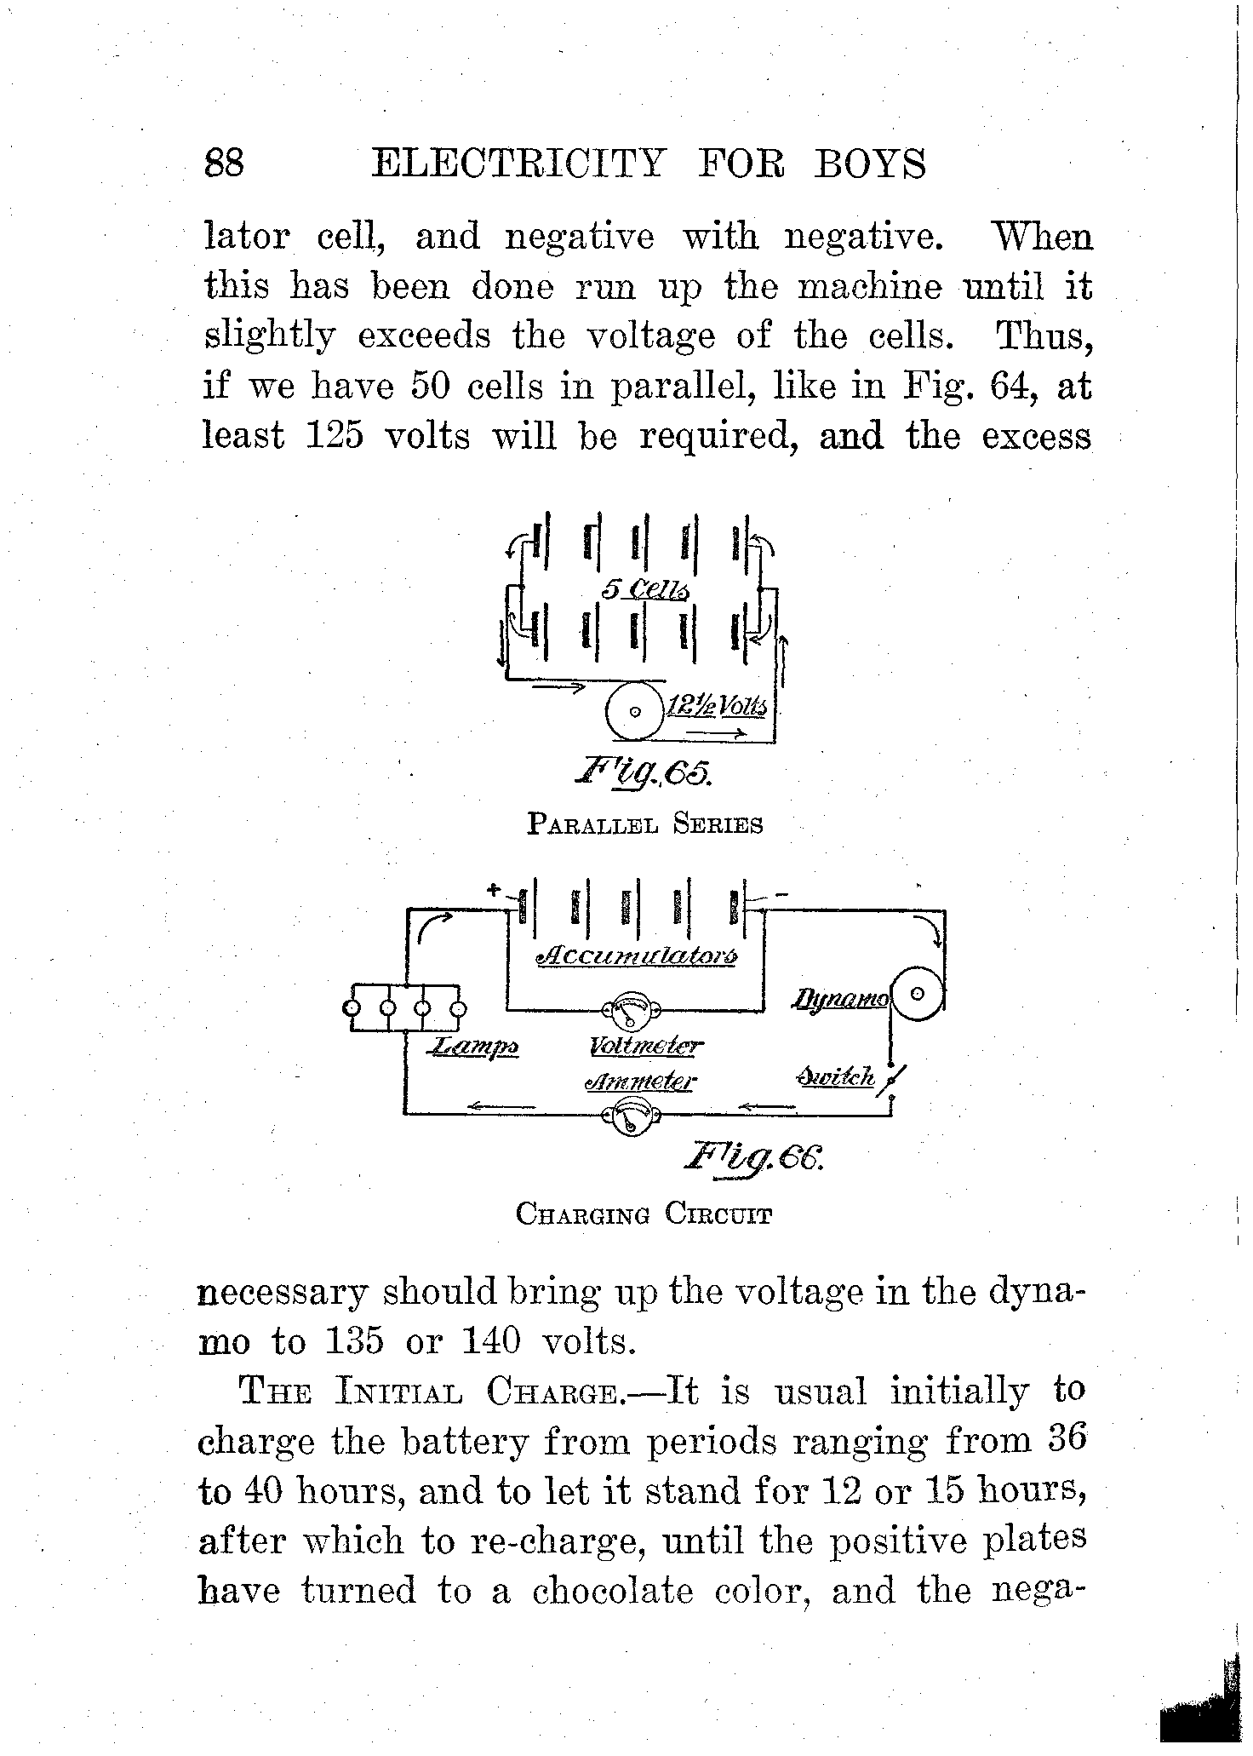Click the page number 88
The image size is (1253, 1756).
(x=225, y=163)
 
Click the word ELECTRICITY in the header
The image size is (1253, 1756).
(x=518, y=163)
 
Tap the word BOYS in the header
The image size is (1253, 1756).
(x=870, y=163)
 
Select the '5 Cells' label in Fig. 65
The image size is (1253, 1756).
(x=645, y=589)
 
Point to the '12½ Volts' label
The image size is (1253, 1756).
(x=717, y=706)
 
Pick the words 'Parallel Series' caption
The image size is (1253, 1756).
(x=644, y=824)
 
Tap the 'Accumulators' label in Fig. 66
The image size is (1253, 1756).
(x=637, y=955)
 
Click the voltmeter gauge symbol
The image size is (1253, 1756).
(x=632, y=1011)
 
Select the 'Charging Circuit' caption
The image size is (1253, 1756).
(x=644, y=1214)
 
